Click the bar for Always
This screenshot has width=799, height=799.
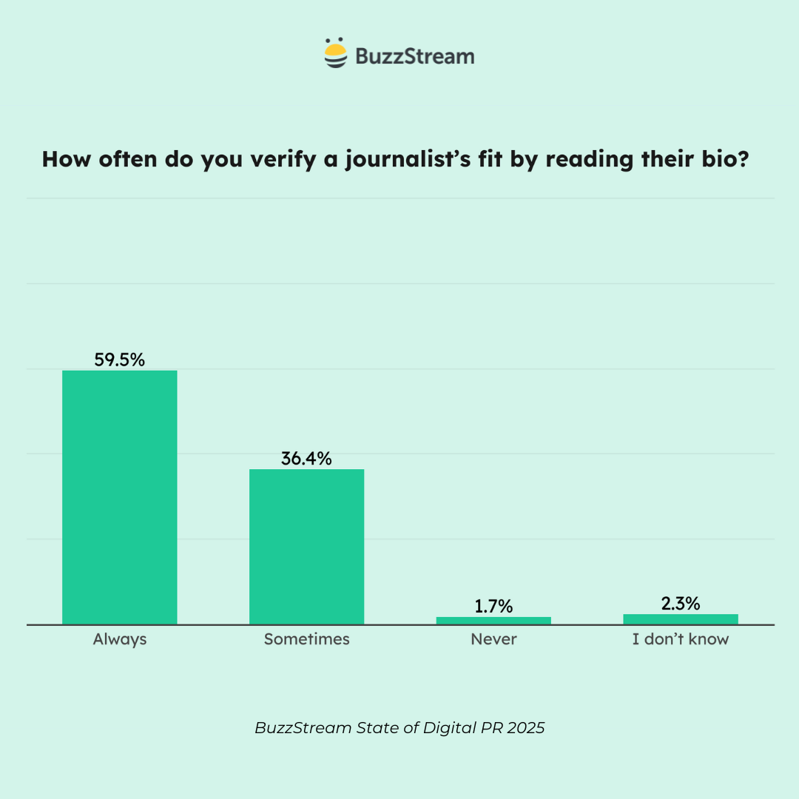click(119, 497)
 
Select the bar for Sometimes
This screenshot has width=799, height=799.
click(306, 547)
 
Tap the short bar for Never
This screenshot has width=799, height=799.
click(493, 621)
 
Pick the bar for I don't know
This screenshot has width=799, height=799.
click(681, 619)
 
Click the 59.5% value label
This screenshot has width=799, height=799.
click(119, 360)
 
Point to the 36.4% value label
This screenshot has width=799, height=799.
click(306, 459)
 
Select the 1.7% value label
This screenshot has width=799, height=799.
click(493, 607)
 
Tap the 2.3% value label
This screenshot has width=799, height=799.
click(681, 604)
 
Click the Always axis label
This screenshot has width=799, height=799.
click(120, 639)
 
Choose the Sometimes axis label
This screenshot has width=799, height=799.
click(306, 639)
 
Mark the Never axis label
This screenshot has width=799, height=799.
click(493, 639)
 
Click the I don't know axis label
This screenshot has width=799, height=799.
click(681, 639)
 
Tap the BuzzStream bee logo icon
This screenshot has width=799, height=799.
click(336, 53)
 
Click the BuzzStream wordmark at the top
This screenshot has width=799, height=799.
click(414, 56)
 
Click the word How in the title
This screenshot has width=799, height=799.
click(66, 159)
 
